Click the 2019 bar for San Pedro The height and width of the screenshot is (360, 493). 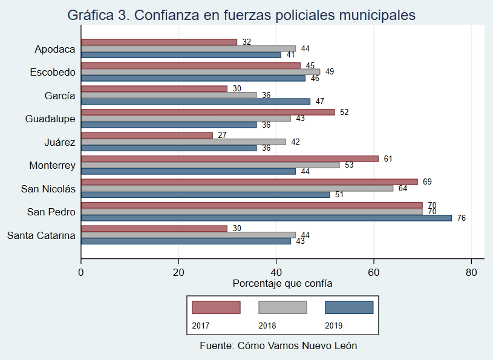click(266, 218)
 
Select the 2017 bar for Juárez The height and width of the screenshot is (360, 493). click(147, 135)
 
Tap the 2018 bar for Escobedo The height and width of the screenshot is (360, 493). click(200, 72)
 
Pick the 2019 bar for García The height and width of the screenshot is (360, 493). click(195, 101)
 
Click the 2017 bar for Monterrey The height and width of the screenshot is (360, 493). click(230, 159)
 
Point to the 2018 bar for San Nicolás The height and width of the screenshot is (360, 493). click(237, 188)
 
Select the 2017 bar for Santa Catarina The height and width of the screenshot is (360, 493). click(154, 229)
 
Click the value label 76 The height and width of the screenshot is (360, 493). click(462, 218)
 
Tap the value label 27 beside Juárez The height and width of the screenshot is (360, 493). click(222, 135)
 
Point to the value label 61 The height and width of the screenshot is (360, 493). click(388, 159)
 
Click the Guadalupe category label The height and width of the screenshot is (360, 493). click(50, 119)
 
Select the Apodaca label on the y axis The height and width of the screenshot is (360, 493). click(55, 49)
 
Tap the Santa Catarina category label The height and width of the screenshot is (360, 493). click(41, 235)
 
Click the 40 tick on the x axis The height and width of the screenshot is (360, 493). click(276, 272)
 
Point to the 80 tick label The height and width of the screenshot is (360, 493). click(472, 272)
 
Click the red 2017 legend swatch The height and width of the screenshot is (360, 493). click(216, 307)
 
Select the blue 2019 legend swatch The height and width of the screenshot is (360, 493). click(349, 307)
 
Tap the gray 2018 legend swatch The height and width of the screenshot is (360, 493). click(282, 307)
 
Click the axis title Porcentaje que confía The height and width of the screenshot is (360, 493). click(282, 283)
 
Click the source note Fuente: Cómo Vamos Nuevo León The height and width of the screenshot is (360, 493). click(278, 346)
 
